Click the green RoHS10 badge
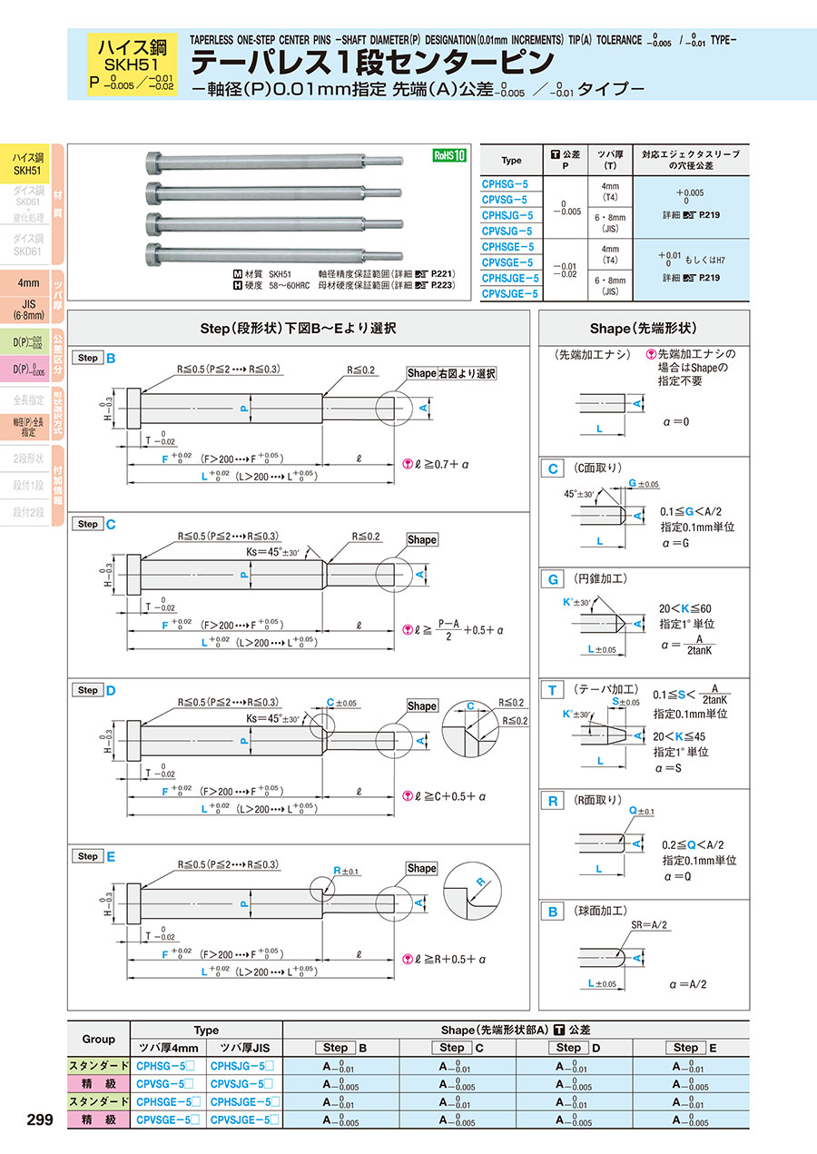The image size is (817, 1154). (448, 155)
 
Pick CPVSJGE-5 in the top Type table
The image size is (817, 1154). (509, 293)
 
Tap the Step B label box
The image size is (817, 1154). (88, 358)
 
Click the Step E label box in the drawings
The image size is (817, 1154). (88, 856)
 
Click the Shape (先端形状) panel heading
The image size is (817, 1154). (644, 328)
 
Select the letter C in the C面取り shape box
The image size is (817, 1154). (552, 469)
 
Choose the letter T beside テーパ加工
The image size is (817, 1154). (552, 691)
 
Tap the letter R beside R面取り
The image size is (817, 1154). (552, 801)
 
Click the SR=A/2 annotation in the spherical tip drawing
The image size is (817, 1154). (649, 924)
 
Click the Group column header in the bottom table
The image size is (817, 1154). (99, 1039)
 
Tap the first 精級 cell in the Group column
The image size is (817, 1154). (99, 1083)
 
